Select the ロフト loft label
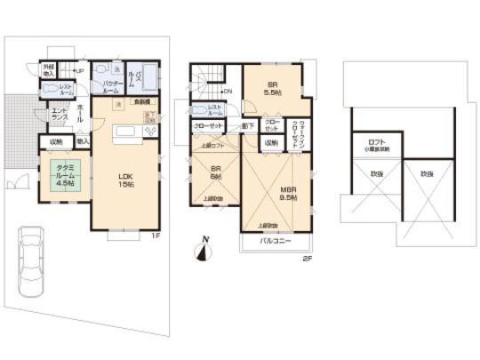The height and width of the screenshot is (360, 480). click(376, 144)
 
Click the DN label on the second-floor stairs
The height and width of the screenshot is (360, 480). click(226, 91)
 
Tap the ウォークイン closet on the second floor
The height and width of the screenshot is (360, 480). click(302, 128)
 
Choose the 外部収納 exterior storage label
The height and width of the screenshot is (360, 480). click(50, 70)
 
